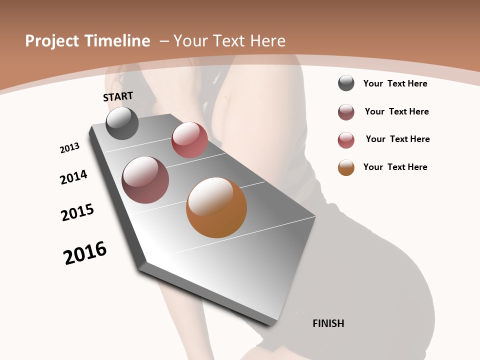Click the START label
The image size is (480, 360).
(x=118, y=96)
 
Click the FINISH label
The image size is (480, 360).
(x=328, y=323)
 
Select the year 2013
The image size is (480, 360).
(x=69, y=148)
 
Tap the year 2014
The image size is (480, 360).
(x=73, y=177)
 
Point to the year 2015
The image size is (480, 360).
(x=77, y=212)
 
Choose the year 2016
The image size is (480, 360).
(x=85, y=253)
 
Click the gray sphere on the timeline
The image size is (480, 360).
(x=122, y=123)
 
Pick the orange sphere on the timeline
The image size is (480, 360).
(x=216, y=207)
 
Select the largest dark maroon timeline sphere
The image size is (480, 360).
(x=145, y=180)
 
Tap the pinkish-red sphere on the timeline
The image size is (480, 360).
(x=189, y=140)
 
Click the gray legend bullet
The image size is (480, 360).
(x=346, y=83)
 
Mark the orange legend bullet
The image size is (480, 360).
(x=346, y=167)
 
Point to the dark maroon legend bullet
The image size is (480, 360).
(x=346, y=112)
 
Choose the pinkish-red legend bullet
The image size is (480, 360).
(x=346, y=140)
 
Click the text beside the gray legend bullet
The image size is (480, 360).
(x=395, y=83)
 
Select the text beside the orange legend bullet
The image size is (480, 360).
(x=395, y=167)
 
